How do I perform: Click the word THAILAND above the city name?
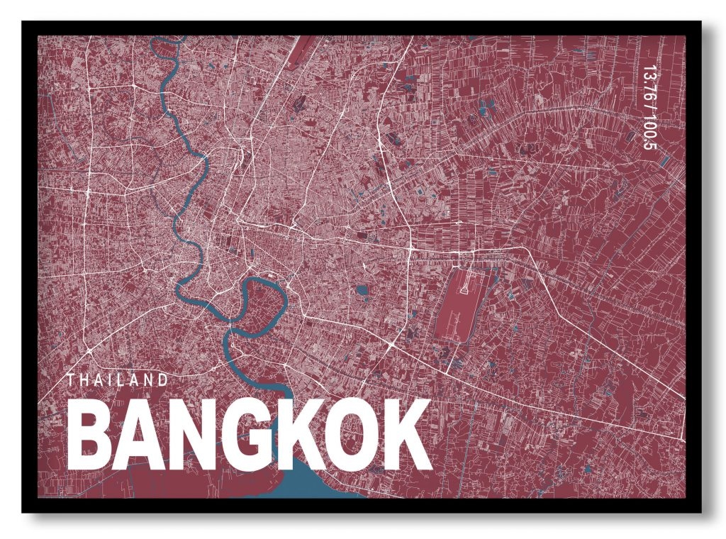tap(118, 380)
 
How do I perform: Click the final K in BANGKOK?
tap(407, 434)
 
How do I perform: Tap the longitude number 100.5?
tap(647, 132)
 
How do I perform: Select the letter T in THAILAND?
tap(71, 380)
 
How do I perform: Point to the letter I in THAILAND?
tap(110, 380)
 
